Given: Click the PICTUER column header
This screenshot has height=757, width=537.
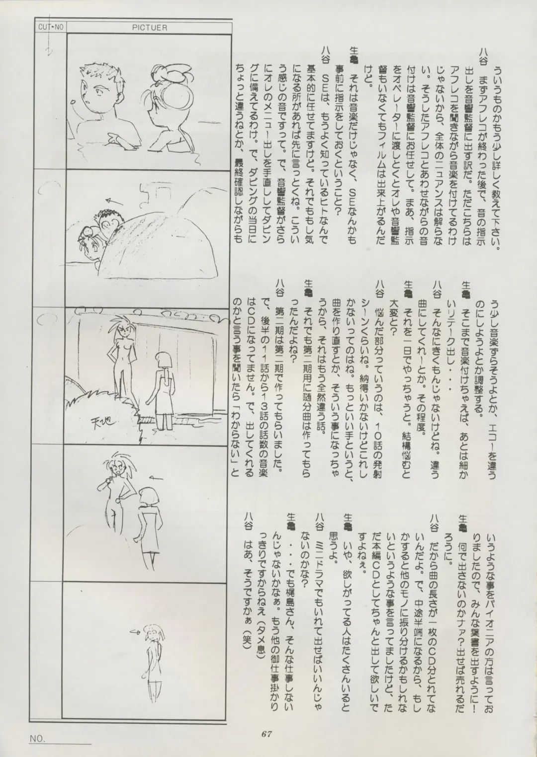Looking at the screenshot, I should (x=150, y=28).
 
